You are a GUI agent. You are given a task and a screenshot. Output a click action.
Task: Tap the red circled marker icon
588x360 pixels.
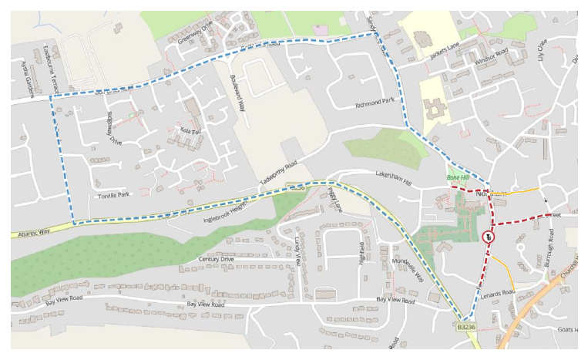(488, 238)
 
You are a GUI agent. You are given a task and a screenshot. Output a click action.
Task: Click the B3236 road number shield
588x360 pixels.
(465, 327)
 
